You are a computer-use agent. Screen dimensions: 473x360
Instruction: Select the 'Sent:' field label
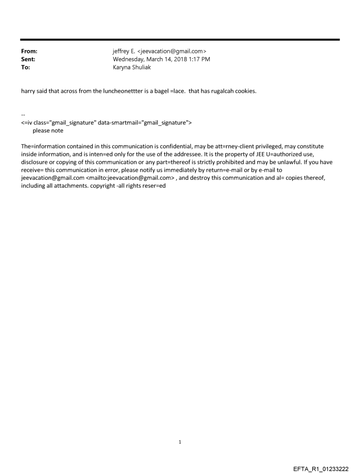click(x=28, y=60)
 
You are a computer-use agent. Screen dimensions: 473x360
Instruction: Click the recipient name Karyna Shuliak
click(x=132, y=67)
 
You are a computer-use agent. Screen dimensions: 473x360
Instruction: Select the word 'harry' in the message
click(x=28, y=92)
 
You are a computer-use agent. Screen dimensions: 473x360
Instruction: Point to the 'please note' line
click(x=48, y=130)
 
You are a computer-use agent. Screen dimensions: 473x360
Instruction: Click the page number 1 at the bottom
click(x=180, y=442)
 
